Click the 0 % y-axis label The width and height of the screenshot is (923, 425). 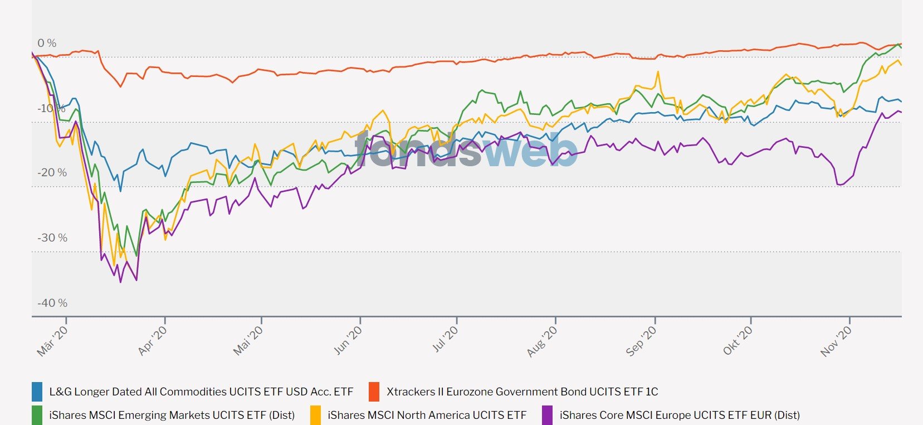click(x=47, y=43)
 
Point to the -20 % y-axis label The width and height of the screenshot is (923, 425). click(x=52, y=173)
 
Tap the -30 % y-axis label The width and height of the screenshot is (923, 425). click(x=52, y=238)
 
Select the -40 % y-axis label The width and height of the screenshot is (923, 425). click(x=52, y=303)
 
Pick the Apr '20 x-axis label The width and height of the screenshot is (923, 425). click(x=152, y=340)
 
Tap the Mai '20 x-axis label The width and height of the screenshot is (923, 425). click(x=248, y=340)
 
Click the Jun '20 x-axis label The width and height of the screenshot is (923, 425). click(x=348, y=340)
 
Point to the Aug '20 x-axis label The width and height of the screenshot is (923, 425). click(x=542, y=340)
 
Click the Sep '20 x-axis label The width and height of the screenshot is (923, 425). click(x=641, y=340)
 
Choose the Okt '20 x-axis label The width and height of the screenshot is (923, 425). click(x=738, y=340)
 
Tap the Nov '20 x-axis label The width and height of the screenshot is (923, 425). click(x=836, y=340)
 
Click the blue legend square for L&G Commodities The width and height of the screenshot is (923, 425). click(x=37, y=392)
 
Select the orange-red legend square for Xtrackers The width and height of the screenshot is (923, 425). click(x=374, y=392)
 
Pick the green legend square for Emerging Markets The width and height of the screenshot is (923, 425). click(x=37, y=415)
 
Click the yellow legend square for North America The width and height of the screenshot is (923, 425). click(x=316, y=415)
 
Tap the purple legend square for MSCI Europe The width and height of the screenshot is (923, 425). click(x=548, y=415)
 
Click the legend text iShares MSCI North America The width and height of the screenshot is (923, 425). click(x=427, y=415)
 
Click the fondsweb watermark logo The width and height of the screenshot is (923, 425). click(x=466, y=151)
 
